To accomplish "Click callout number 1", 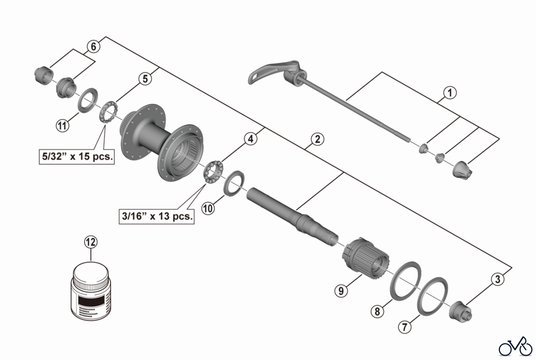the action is coord(450,93).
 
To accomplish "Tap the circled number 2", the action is coord(317,139).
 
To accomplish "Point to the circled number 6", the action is coord(94,47).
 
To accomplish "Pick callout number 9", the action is coord(341,291).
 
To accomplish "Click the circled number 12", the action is coord(91,242).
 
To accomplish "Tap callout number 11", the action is coord(62,125).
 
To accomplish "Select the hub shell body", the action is coord(161,143).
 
